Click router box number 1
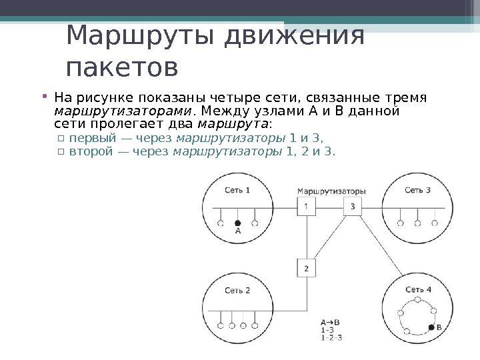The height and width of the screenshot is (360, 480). (306, 206)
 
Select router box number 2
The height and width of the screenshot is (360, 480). (306, 268)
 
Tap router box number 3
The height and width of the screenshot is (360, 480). (352, 206)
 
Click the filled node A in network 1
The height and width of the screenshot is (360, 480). (237, 223)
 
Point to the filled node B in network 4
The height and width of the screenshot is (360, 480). (430, 327)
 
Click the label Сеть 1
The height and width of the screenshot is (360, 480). (237, 191)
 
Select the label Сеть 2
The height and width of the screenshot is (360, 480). (237, 291)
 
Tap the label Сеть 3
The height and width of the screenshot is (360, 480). (417, 191)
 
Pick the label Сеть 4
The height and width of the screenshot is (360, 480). (417, 290)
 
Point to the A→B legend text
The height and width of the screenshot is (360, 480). (330, 321)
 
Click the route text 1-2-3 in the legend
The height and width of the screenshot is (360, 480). (331, 338)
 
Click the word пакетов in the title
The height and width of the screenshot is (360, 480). (123, 67)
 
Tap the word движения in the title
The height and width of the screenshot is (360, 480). (294, 37)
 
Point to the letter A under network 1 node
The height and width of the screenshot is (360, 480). (237, 232)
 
